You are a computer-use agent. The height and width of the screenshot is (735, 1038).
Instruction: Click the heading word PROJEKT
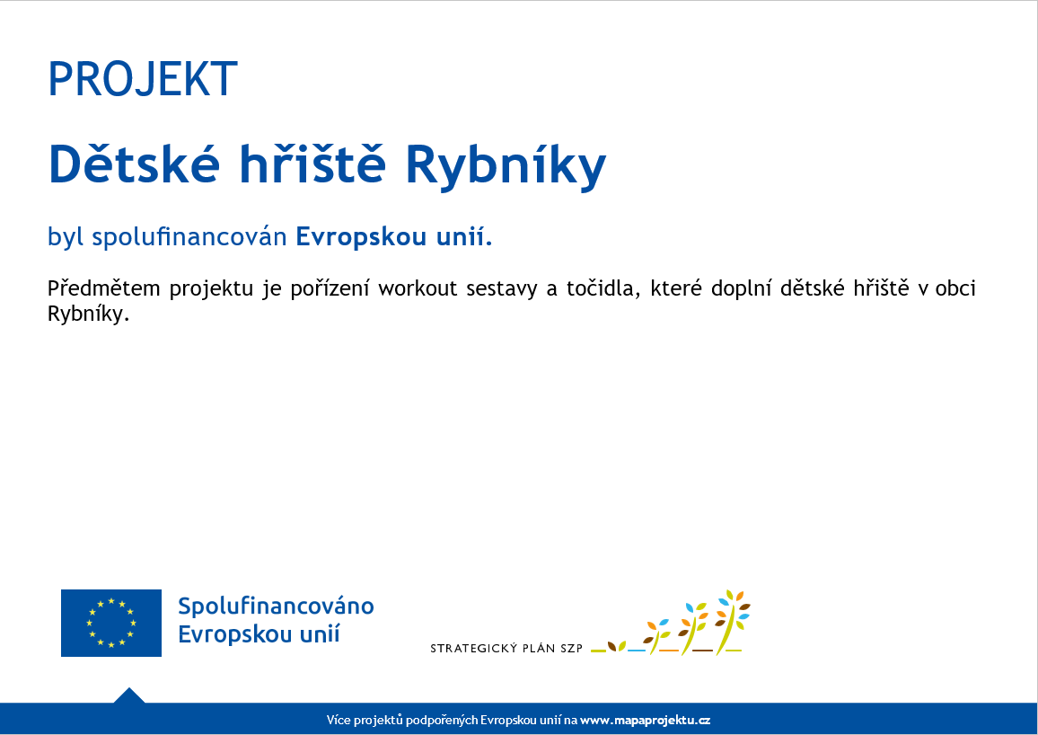pos(143,79)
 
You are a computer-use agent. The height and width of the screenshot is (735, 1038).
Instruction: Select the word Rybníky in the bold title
pos(506,166)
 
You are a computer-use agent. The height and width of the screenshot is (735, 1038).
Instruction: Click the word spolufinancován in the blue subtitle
pos(189,236)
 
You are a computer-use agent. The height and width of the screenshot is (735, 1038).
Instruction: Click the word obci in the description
pos(955,288)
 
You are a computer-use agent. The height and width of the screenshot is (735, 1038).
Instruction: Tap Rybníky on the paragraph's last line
pos(87,314)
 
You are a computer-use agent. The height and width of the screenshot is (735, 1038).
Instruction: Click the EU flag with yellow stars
pos(111,623)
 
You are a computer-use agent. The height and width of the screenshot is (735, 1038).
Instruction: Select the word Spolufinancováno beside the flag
pos(276,606)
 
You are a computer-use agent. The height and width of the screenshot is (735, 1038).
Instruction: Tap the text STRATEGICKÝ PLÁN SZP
pos(506,648)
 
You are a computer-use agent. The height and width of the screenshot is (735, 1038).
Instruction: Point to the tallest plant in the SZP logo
pos(732,621)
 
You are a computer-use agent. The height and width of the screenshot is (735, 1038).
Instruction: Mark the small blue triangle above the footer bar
pos(129,695)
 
